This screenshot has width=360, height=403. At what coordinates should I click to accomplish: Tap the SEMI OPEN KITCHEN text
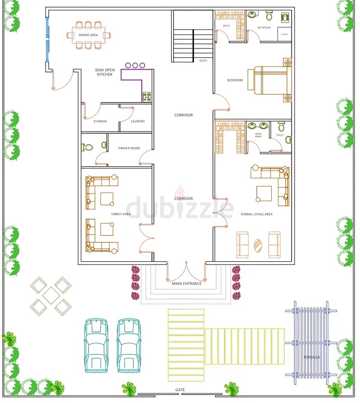[104, 72]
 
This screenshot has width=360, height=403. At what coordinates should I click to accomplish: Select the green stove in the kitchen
[147, 96]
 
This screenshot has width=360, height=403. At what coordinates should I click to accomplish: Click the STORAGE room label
[100, 121]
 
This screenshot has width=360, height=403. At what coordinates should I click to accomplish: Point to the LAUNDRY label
[137, 121]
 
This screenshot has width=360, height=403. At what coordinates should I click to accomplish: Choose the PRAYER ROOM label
[129, 148]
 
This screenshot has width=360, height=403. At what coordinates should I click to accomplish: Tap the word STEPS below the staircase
[203, 60]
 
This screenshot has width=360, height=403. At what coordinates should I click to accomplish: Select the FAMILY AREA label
[121, 214]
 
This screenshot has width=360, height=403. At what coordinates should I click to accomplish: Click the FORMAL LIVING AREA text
[256, 214]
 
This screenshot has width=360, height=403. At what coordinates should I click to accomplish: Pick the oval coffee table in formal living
[258, 245]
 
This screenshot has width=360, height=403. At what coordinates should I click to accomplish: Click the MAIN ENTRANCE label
[186, 283]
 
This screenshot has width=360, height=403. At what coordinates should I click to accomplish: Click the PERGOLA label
[311, 357]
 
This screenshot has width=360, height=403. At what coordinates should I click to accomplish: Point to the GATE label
[180, 390]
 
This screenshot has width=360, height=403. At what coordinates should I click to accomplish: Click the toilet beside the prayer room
[87, 147]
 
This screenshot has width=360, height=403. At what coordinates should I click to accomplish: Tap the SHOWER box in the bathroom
[284, 34]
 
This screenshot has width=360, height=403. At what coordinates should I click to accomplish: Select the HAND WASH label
[258, 135]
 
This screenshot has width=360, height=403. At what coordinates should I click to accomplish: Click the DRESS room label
[226, 26]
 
